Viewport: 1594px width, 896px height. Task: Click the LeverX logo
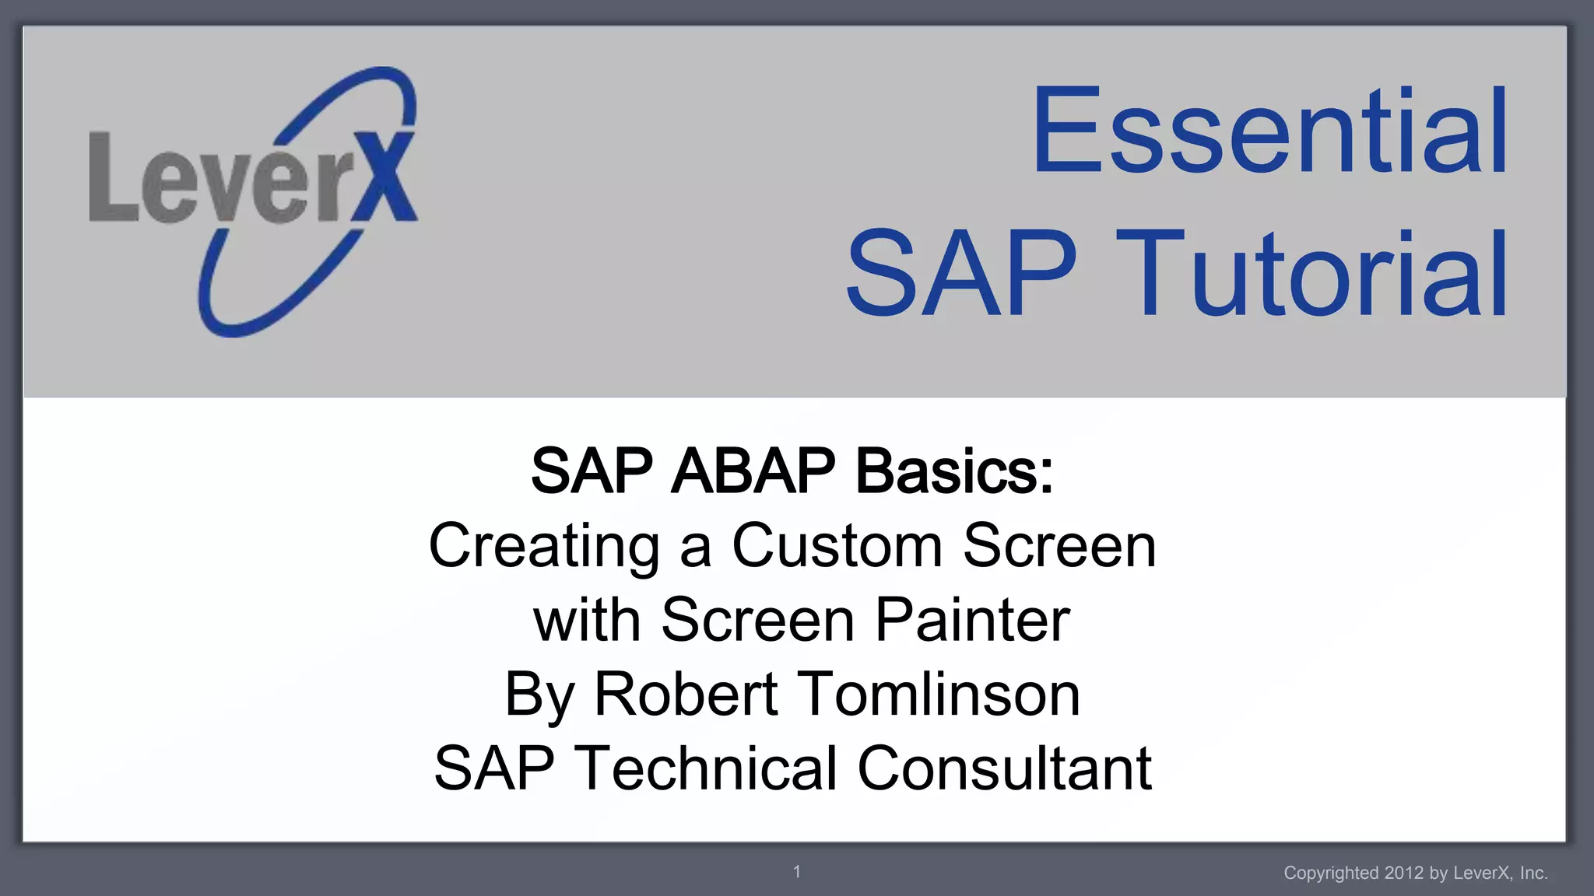253,201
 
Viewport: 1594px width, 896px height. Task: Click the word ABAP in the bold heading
753,471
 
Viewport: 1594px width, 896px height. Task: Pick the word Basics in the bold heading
954,471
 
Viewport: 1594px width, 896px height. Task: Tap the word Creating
544,546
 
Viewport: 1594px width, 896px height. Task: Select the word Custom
837,546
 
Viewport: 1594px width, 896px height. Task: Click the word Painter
972,620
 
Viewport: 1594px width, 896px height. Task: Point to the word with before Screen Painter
587,620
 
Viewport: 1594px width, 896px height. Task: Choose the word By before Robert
539,695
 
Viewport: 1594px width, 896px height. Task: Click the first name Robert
686,694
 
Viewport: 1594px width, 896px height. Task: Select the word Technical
705,768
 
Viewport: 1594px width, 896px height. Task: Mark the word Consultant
1004,768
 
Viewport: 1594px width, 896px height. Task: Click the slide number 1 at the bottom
797,872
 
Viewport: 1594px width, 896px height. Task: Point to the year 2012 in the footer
1403,873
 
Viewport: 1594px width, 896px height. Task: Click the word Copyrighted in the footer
1332,873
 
